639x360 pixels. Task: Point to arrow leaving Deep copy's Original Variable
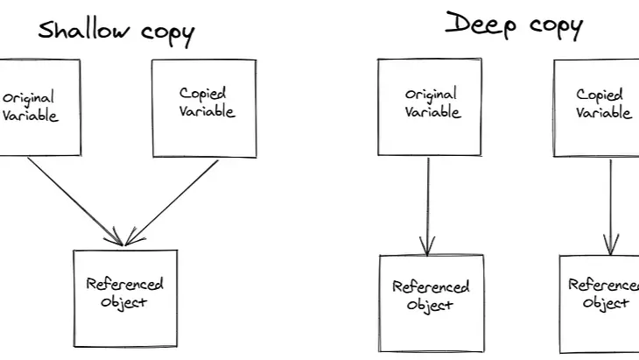(x=427, y=206)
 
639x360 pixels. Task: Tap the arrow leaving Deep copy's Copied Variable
(x=611, y=206)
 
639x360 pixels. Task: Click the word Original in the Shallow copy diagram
(x=31, y=99)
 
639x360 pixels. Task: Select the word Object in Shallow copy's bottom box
(x=124, y=303)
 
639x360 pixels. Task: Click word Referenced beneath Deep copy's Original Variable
(x=431, y=286)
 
